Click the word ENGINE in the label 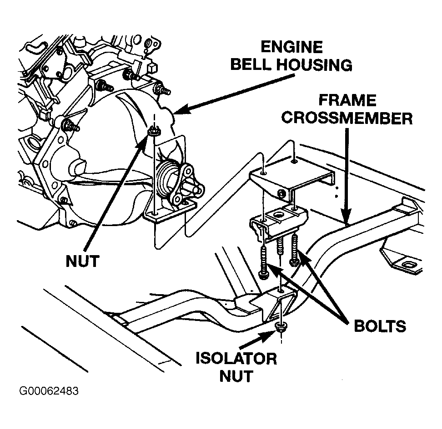pos(291,47)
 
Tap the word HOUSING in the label pos(314,65)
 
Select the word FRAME pos(347,100)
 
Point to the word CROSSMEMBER pos(347,118)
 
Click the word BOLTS pos(380,326)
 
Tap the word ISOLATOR pos(236,359)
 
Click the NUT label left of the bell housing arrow pos(82,261)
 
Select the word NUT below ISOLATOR pos(236,376)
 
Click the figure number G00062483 pos(49,391)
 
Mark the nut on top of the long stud pos(154,131)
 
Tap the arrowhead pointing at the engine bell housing pos(179,110)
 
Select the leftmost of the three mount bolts pos(263,263)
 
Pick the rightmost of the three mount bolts pos(294,250)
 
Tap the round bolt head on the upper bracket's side pos(281,193)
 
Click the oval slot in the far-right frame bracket pos(408,265)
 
